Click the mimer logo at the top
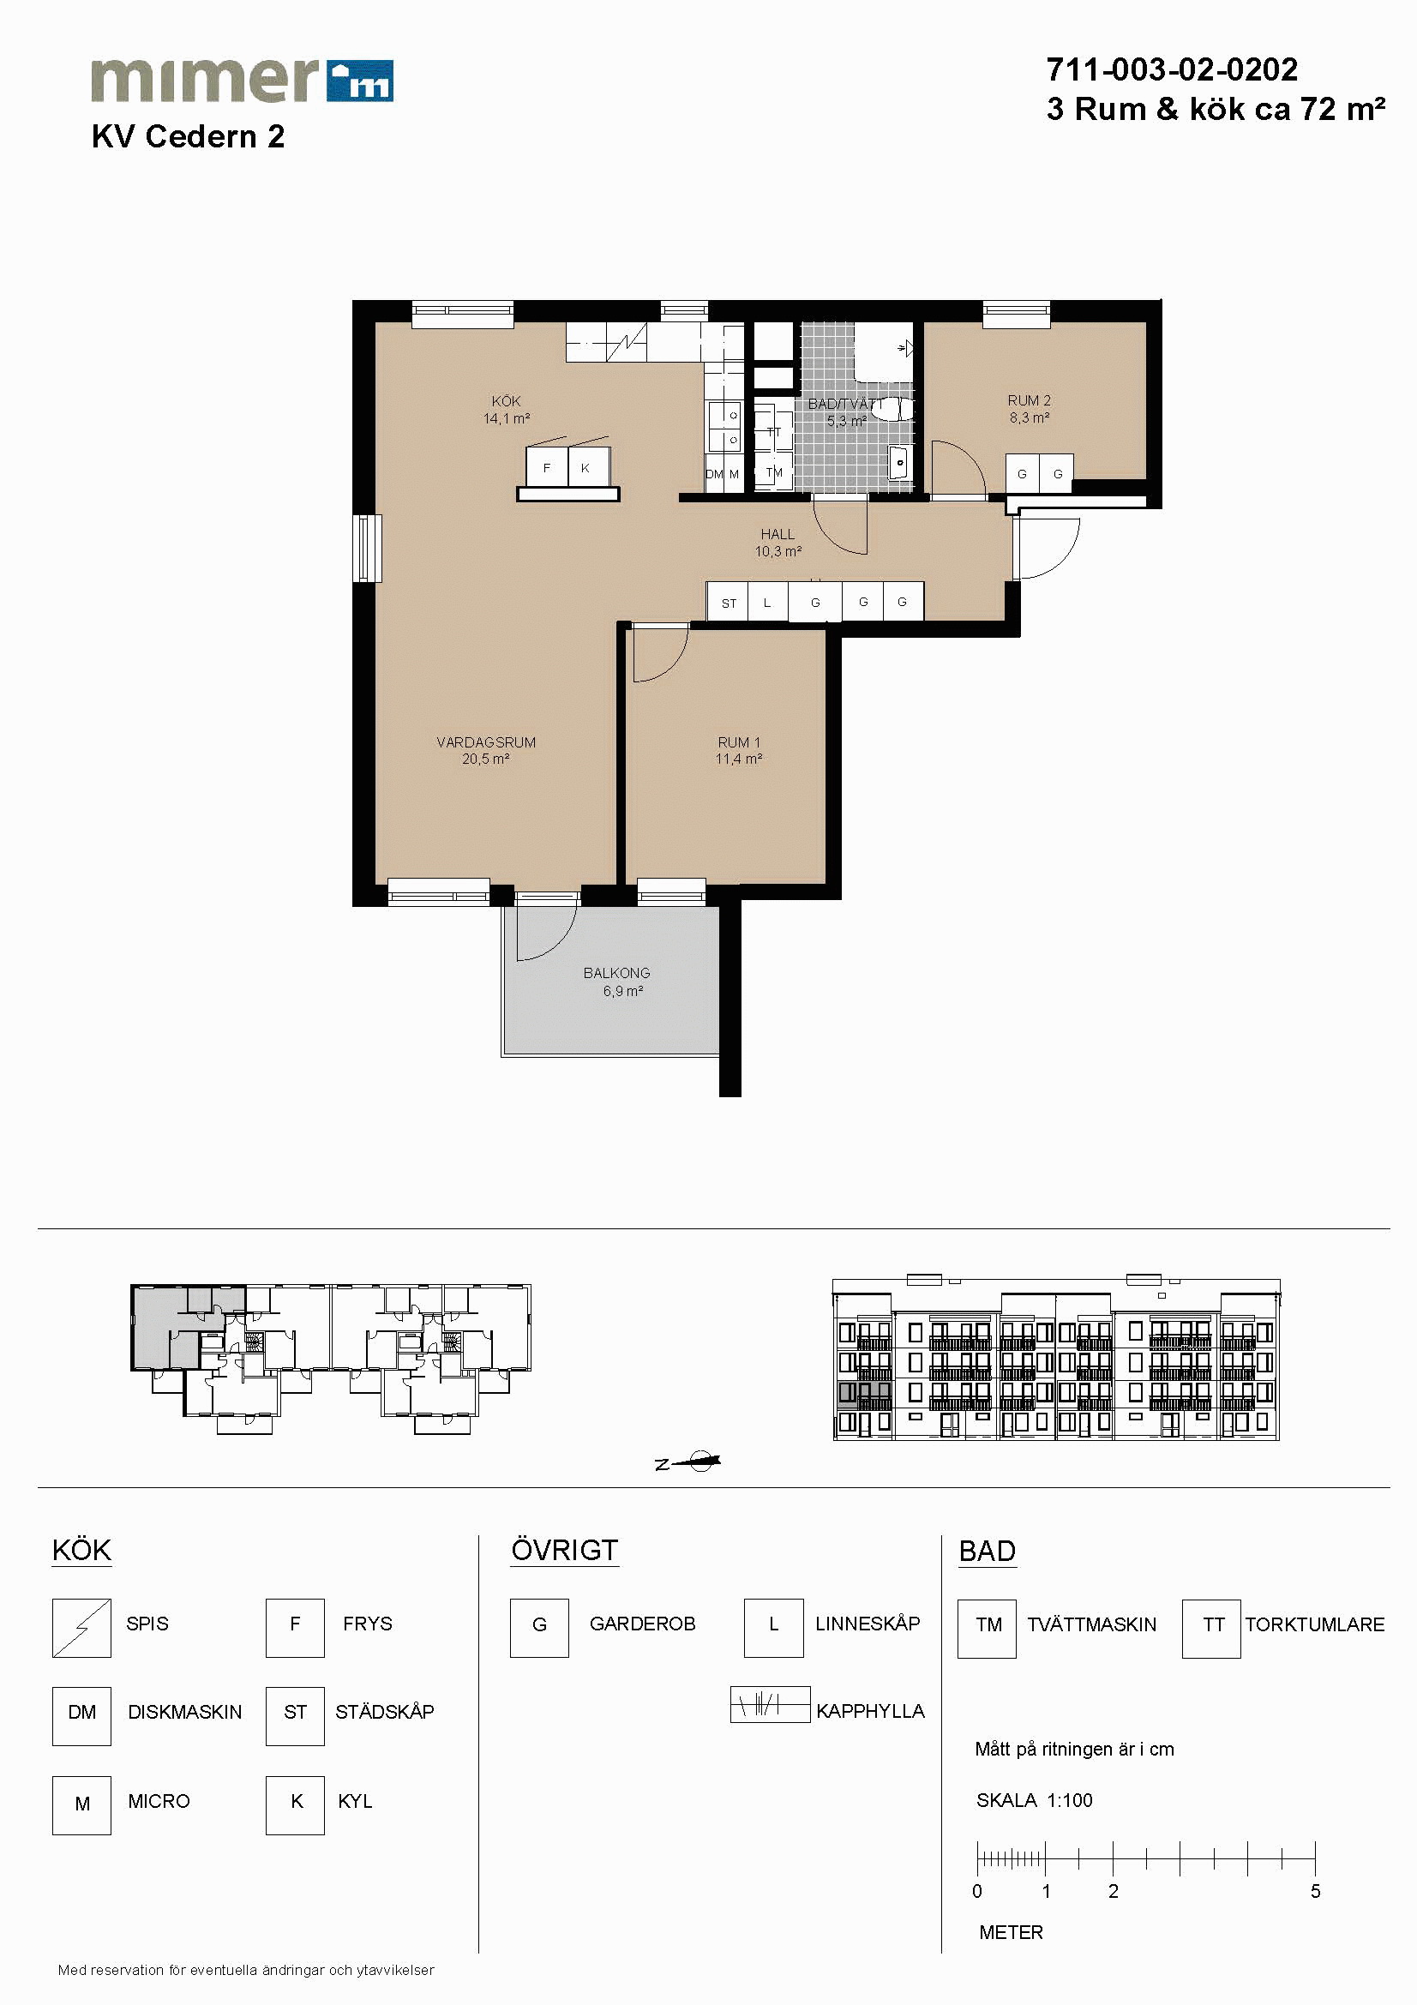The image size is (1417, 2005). pos(242,81)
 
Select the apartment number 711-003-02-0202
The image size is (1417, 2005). pos(1172,69)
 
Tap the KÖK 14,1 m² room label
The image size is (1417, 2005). pos(507,410)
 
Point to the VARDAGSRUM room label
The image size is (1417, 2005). pos(486,742)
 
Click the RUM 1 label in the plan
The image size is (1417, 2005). pos(739,742)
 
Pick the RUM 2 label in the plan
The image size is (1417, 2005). pos(1030,401)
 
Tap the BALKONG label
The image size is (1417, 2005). pos(616,973)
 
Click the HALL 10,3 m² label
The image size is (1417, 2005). pos(778,543)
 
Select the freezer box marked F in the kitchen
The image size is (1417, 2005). pos(548,467)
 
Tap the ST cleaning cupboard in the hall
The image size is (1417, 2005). pos(727,603)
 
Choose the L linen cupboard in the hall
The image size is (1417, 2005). pos(768,603)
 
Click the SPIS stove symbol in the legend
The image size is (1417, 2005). pos(81,1628)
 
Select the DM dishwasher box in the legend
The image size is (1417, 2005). pos(81,1716)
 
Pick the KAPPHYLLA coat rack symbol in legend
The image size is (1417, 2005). pos(770,1704)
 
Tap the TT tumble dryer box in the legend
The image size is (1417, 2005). pos(1212,1629)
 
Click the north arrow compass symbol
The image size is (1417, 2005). pos(690,1462)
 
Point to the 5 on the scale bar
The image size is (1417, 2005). pos(1315,1892)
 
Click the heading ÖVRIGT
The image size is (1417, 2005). pos(564,1550)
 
